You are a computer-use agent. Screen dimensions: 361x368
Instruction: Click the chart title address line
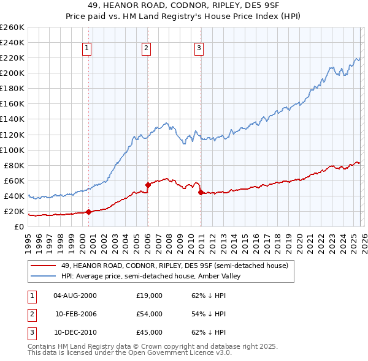click(183, 6)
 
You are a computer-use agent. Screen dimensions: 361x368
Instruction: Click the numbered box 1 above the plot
click(86, 48)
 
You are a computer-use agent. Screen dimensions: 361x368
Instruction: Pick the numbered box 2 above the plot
click(146, 48)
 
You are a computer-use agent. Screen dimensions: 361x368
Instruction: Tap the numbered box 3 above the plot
click(199, 48)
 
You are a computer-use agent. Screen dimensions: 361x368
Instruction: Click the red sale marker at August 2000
click(88, 212)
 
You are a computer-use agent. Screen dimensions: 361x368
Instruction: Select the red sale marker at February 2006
click(148, 185)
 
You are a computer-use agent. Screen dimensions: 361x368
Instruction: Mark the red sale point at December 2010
click(201, 192)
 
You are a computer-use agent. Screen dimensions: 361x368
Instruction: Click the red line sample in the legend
click(44, 266)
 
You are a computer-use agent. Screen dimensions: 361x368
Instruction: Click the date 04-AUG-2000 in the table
click(75, 296)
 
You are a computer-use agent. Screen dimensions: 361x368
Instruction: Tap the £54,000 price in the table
click(149, 314)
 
